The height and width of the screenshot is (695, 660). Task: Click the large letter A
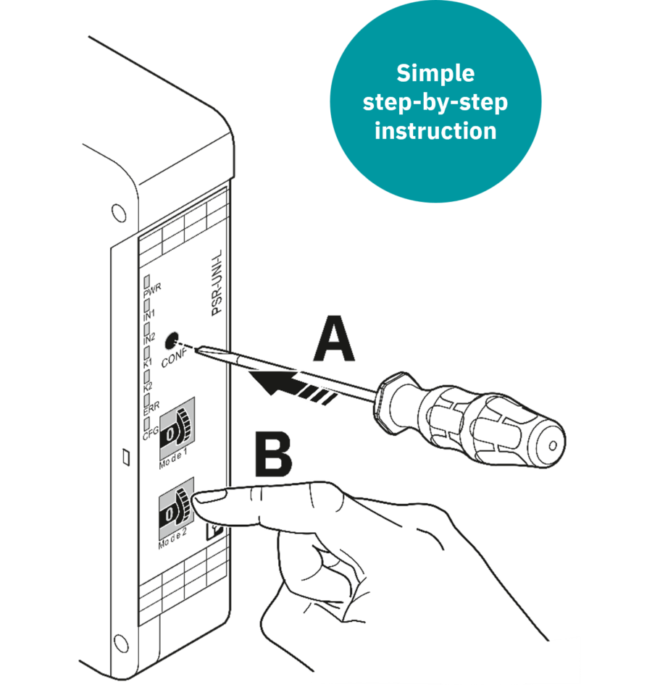tap(334, 339)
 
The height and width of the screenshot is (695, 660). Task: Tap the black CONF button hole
tap(171, 340)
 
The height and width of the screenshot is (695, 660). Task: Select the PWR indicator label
tap(152, 291)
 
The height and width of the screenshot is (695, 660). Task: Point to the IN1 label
tap(149, 316)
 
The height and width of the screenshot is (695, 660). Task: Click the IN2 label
tap(149, 339)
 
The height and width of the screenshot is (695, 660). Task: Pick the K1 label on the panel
tap(147, 363)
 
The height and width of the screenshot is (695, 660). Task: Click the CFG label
tap(151, 434)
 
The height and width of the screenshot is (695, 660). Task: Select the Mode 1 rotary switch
tap(177, 428)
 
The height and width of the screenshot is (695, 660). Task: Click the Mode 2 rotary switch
tap(176, 509)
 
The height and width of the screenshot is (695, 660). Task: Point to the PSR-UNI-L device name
tap(217, 283)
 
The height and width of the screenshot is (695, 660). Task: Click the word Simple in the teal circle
tap(435, 74)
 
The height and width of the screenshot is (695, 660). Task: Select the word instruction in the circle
tap(435, 131)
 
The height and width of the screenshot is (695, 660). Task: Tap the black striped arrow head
tap(270, 382)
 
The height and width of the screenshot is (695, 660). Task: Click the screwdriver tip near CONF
tap(196, 350)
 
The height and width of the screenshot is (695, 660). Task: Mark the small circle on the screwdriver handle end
tap(553, 445)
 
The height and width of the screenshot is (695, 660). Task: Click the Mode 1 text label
tap(173, 459)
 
